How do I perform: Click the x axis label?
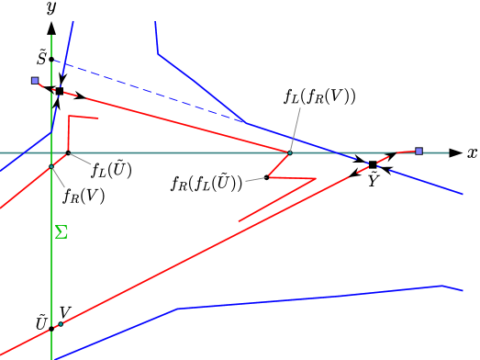coord(471,153)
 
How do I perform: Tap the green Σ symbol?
coord(61,231)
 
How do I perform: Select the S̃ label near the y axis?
coord(41,58)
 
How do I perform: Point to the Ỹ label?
coord(373,181)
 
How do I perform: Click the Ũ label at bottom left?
coord(41,322)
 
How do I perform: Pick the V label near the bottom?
coord(65,312)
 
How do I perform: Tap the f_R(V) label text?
coord(84,195)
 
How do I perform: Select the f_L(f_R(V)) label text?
coord(320,96)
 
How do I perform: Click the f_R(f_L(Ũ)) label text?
coord(207,183)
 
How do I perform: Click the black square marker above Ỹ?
coord(373,164)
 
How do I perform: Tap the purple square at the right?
coord(419,151)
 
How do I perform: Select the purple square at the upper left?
coord(35,81)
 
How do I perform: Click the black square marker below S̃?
coord(60,91)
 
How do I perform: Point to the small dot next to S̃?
coord(52,60)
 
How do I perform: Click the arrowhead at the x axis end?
coord(455,152)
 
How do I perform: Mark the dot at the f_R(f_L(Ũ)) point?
coord(266,177)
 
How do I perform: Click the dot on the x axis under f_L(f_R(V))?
coord(289,152)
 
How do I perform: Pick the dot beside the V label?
coord(61,323)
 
